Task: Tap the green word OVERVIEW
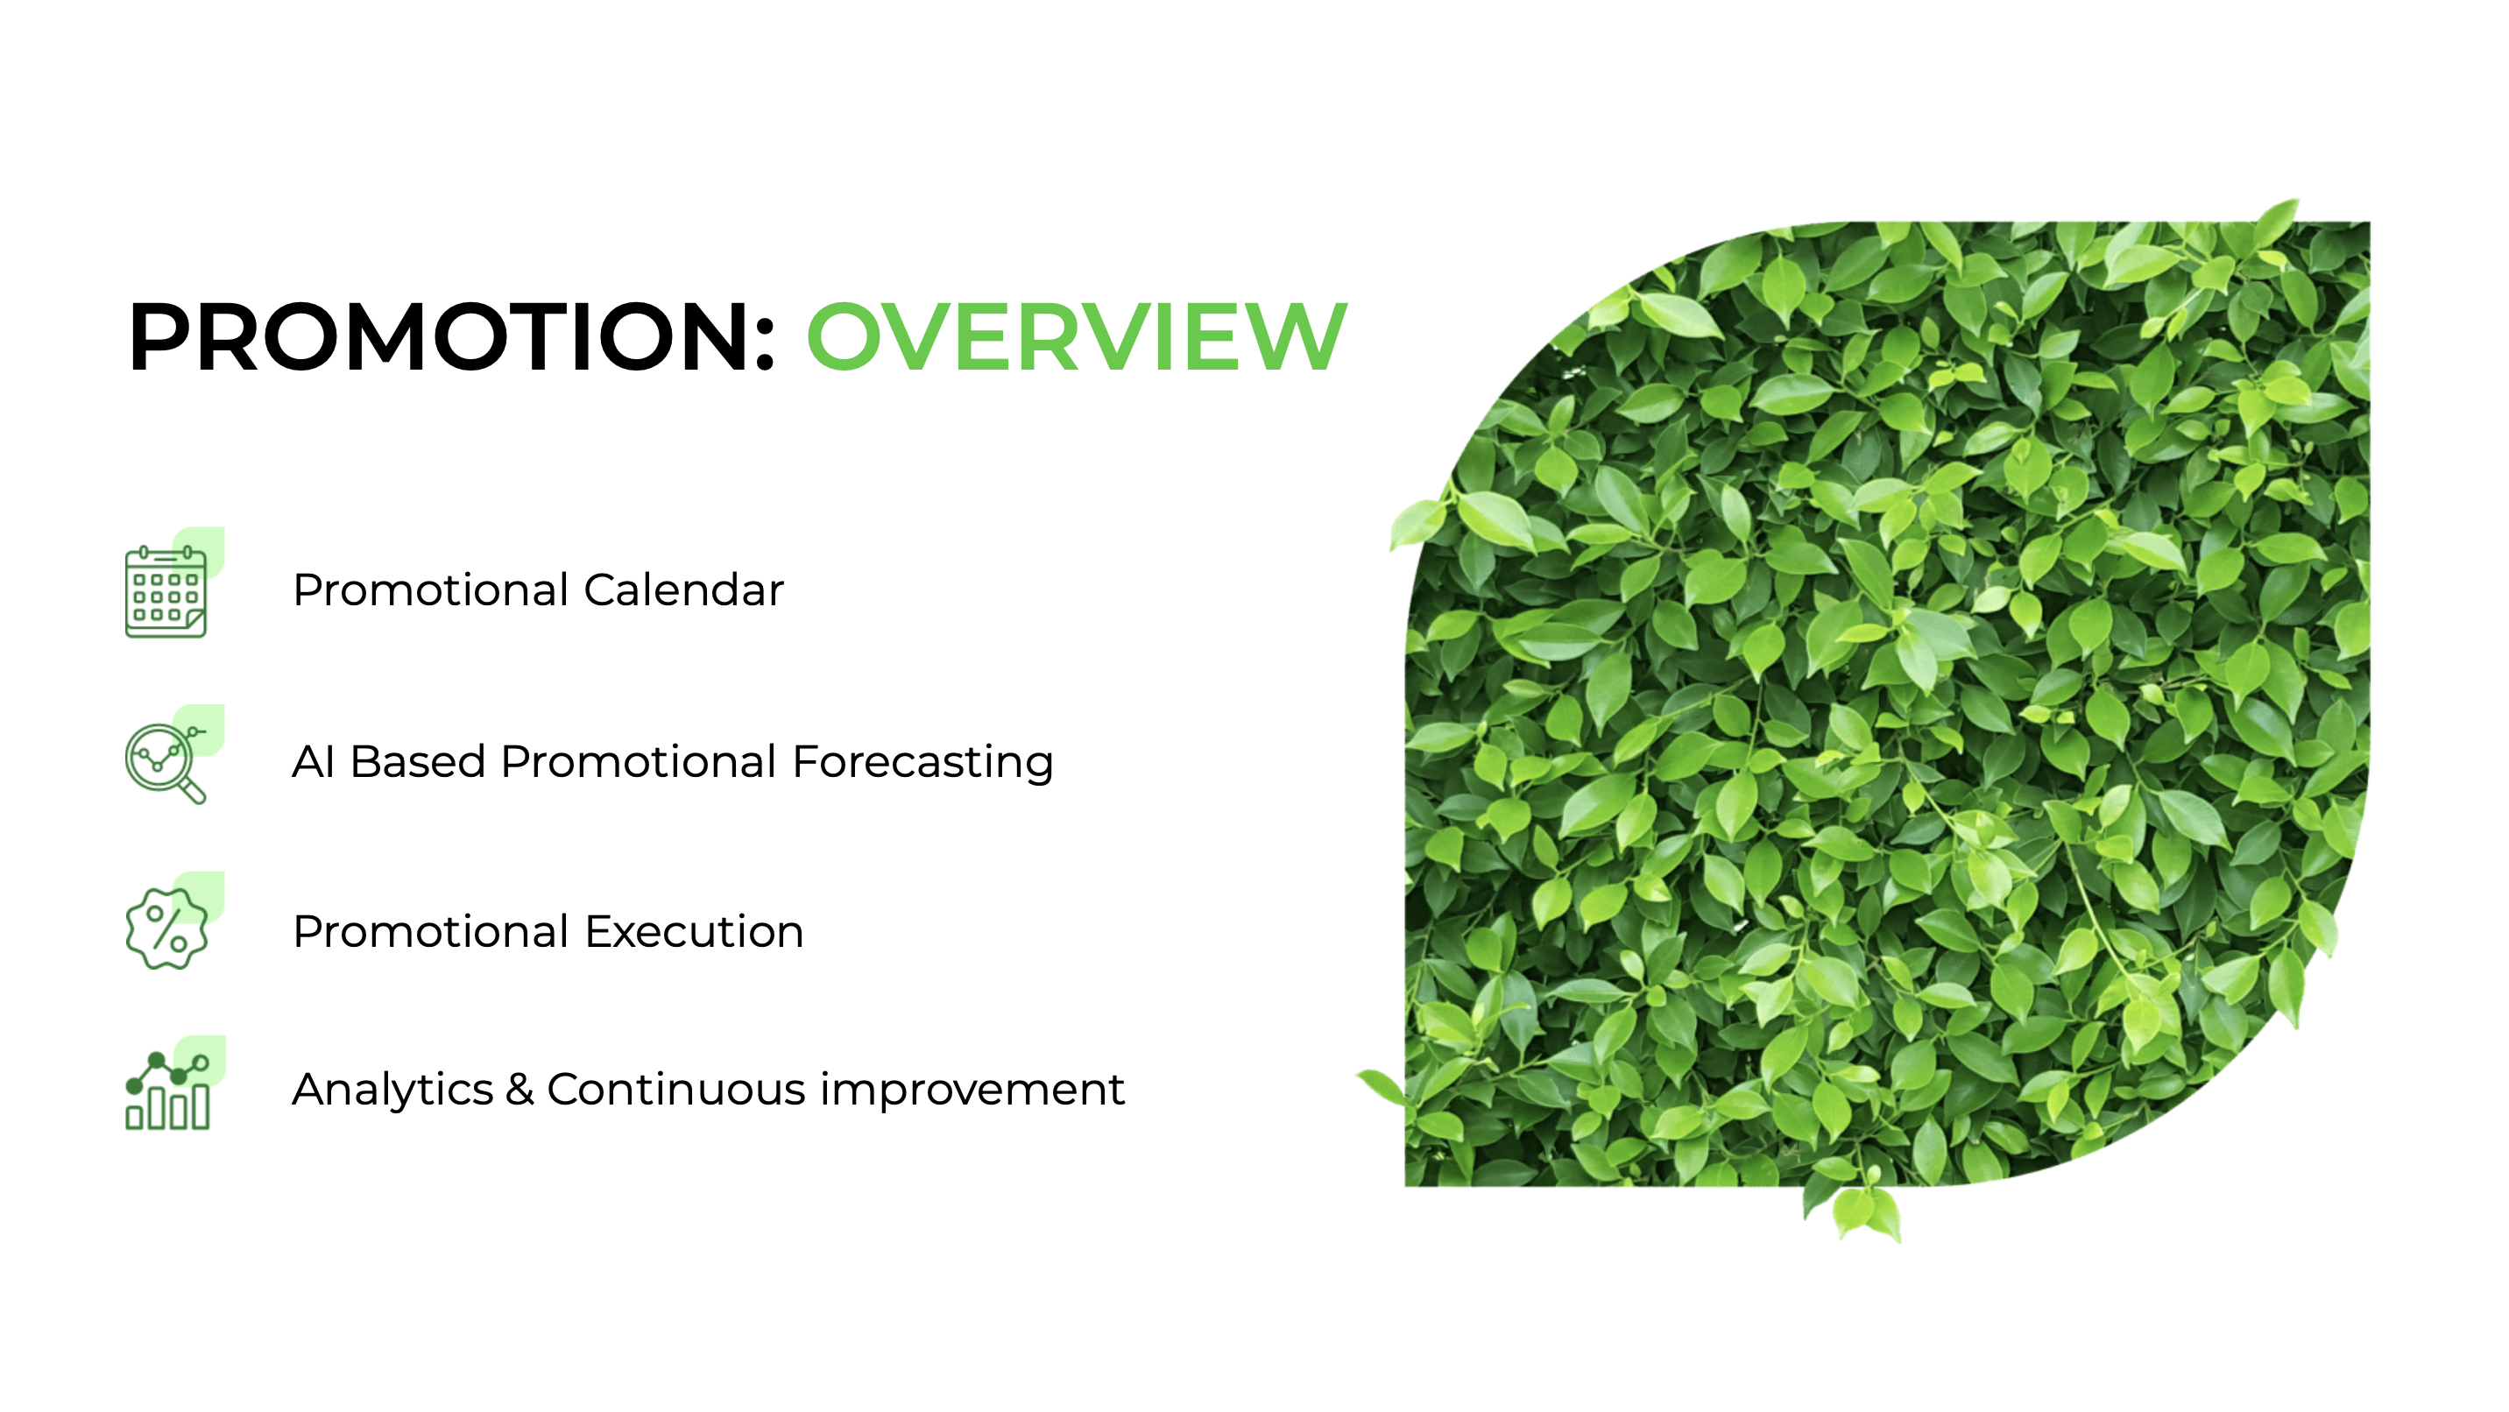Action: (x=1077, y=337)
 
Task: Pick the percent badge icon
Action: (x=166, y=929)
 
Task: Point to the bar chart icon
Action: (x=167, y=1091)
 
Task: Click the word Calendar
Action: (x=683, y=590)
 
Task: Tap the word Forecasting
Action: (x=922, y=762)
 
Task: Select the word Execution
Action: (x=695, y=932)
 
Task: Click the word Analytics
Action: (x=392, y=1090)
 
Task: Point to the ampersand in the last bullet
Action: (x=520, y=1090)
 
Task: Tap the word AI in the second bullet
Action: (x=314, y=761)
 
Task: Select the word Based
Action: (x=417, y=761)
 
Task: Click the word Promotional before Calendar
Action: (x=430, y=590)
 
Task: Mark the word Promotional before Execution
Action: (x=430, y=932)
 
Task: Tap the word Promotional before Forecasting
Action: (x=639, y=761)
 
